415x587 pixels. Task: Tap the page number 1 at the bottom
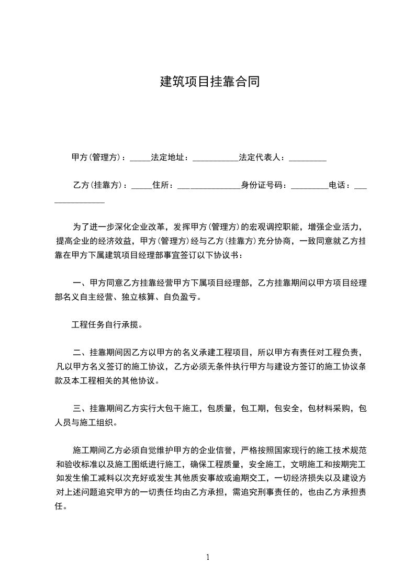click(x=208, y=557)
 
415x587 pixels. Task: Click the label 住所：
click(x=164, y=185)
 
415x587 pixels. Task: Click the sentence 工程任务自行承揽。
click(x=107, y=324)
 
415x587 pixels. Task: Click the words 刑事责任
click(x=279, y=492)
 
